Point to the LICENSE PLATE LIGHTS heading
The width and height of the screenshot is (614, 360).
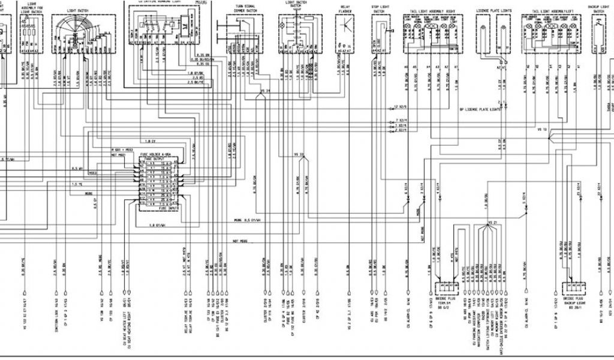[x=494, y=10]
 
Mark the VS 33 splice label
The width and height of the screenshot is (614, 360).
[x=300, y=154]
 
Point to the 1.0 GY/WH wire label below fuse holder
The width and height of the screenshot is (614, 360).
[x=148, y=226]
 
